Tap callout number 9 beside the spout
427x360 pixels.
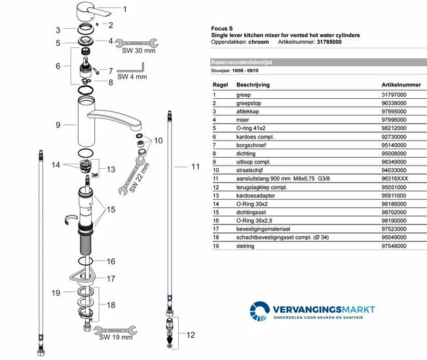[58, 124]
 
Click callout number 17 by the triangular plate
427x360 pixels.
[111, 278]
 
